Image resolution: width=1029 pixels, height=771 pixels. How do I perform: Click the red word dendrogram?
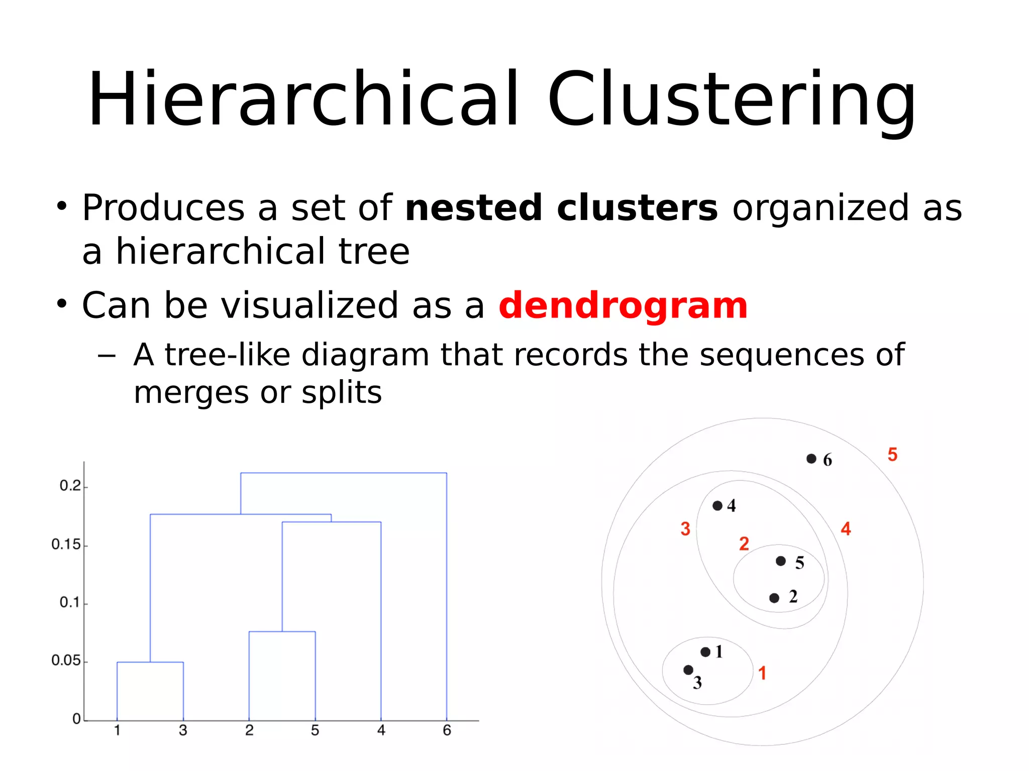[x=623, y=305]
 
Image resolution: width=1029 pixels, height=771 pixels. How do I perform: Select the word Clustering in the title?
[x=732, y=99]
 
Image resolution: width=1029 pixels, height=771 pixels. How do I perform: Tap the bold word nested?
[x=473, y=208]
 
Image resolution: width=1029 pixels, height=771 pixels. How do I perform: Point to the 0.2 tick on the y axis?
[x=70, y=486]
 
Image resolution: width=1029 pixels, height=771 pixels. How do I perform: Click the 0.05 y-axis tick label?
[x=66, y=660]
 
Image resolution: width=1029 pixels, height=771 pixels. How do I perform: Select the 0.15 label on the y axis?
[x=66, y=544]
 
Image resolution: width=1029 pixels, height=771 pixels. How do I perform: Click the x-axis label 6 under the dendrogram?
[x=447, y=730]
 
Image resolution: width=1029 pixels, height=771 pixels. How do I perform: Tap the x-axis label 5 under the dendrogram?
[x=315, y=730]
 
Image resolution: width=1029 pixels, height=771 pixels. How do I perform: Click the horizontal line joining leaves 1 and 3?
[x=150, y=662]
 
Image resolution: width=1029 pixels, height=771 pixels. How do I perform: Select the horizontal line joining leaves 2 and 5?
[x=282, y=631]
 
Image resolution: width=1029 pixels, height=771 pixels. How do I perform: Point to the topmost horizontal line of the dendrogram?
[x=343, y=473]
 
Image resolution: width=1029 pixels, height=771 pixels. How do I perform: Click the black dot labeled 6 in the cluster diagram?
[x=811, y=459]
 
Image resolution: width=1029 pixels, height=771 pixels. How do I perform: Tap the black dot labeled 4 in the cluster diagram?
[x=717, y=505]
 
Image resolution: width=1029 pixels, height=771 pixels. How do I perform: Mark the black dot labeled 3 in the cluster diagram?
[x=688, y=670]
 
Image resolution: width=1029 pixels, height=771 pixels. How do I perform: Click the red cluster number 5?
[x=892, y=455]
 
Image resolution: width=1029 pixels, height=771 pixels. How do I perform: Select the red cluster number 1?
[x=762, y=673]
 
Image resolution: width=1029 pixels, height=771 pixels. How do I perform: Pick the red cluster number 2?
[x=744, y=543]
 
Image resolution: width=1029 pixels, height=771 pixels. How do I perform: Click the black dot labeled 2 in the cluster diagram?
[x=774, y=598]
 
